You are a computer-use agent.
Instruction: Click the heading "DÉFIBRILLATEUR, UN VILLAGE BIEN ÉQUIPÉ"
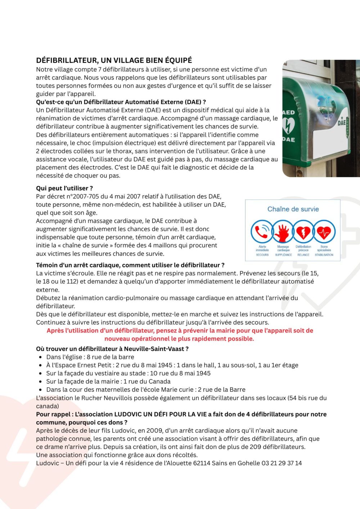[114, 60]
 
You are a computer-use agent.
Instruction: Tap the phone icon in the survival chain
[262, 232]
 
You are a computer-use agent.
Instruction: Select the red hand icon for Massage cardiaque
[283, 232]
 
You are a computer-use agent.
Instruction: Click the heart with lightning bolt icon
[303, 232]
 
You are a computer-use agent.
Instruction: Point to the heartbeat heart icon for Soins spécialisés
[324, 232]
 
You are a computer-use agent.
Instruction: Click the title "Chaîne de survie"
[293, 209]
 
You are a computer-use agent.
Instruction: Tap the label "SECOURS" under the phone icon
[262, 255]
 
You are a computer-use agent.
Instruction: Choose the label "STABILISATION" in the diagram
[324, 255]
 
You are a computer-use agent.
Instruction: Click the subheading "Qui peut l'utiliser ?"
[64, 188]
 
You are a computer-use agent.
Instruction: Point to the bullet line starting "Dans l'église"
[90, 357]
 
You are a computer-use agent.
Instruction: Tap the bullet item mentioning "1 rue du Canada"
[108, 382]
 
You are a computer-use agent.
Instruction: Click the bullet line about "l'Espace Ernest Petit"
[172, 365]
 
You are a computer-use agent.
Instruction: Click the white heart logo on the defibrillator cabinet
[288, 126]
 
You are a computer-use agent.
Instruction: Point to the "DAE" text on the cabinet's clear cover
[342, 123]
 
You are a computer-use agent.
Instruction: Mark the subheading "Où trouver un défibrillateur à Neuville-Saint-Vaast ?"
[112, 349]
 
